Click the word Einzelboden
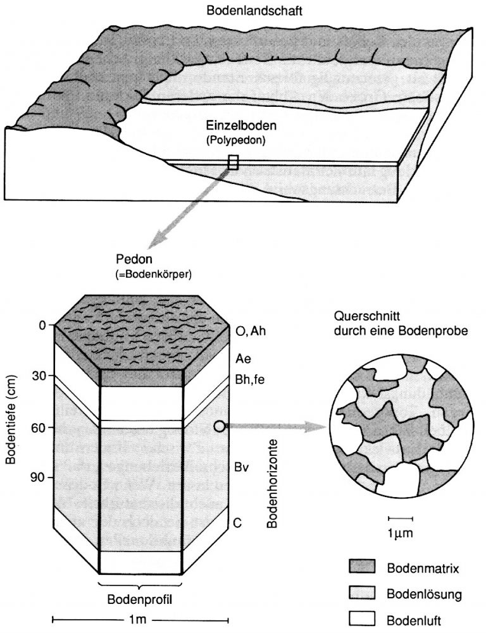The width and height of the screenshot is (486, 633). tap(235, 126)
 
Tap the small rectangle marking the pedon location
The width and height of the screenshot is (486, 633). tap(233, 163)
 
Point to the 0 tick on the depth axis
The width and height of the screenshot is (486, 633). tap(43, 326)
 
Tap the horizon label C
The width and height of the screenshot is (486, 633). tap(237, 523)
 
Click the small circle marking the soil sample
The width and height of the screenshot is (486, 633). tap(220, 427)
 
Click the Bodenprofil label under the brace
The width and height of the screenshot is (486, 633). tap(141, 598)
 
